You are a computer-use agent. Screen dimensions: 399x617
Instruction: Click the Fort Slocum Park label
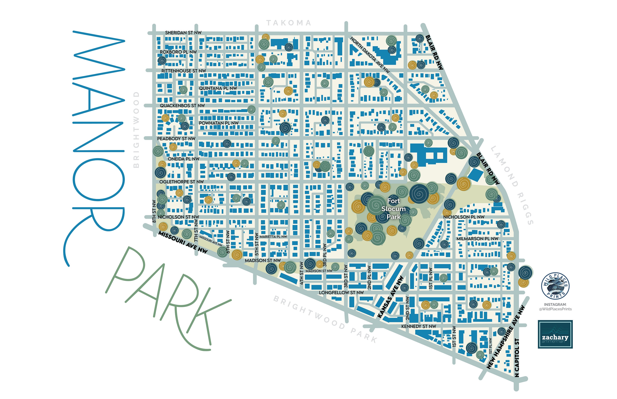[393, 209]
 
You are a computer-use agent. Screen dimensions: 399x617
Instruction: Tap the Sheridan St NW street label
[183, 33]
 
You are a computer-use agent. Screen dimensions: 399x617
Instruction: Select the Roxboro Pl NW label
[178, 52]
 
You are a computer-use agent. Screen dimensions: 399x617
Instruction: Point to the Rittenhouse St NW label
[183, 71]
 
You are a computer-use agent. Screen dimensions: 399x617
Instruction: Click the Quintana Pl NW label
[218, 88]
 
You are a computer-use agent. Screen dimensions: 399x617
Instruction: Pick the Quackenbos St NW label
[182, 106]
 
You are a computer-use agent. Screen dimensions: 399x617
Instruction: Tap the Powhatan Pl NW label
[219, 123]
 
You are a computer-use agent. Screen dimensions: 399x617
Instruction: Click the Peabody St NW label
[176, 139]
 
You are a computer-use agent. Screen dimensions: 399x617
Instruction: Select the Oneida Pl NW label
[183, 159]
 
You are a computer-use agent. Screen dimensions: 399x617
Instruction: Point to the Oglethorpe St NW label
[181, 182]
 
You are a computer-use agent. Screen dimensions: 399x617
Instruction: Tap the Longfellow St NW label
[341, 293]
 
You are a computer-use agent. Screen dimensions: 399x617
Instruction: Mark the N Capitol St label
[517, 357]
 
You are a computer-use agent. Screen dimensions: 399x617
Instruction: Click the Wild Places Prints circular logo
[555, 286]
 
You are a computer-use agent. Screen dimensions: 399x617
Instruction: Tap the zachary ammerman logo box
[555, 334]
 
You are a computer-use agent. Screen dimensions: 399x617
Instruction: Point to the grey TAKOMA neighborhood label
[289, 23]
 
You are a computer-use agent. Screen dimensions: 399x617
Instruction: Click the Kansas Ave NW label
[390, 297]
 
